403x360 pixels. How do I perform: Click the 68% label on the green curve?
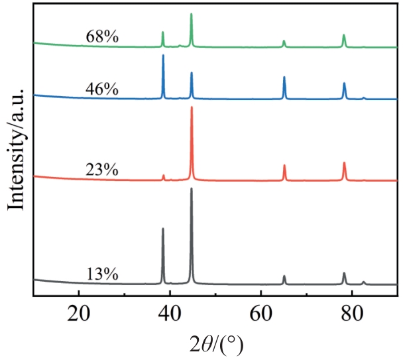pos(102,37)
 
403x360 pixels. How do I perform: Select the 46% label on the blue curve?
pos(102,88)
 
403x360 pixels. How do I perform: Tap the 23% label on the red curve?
pos(102,170)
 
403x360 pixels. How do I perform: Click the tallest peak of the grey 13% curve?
pos(192,189)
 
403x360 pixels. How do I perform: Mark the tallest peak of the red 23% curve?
pos(192,107)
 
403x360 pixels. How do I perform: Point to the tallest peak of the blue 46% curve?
pos(163,56)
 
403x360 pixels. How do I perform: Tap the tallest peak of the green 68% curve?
pos(192,14)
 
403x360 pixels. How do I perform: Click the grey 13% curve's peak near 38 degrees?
pos(163,229)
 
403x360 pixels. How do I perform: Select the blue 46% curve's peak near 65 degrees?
pos(284,78)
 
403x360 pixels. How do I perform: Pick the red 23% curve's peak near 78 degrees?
pos(344,163)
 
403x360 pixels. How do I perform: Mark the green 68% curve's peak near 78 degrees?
pos(344,35)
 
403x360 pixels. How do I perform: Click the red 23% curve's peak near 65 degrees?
pos(284,166)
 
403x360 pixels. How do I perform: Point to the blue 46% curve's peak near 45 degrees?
pos(192,73)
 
